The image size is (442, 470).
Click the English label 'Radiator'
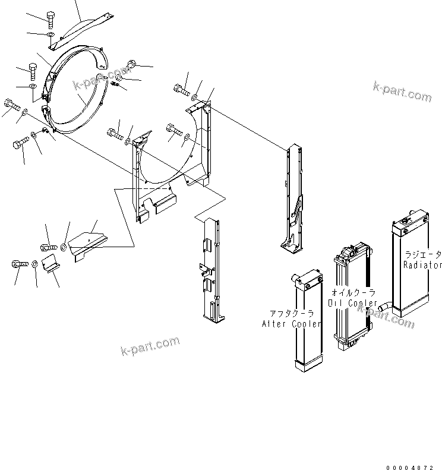(422, 265)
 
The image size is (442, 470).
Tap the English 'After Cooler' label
(291, 324)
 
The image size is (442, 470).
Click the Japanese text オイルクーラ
(353, 293)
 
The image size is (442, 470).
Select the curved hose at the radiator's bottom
(385, 305)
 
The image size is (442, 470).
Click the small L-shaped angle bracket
(53, 262)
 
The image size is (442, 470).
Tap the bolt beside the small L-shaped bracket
(17, 264)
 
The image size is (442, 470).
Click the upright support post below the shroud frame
(211, 270)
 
